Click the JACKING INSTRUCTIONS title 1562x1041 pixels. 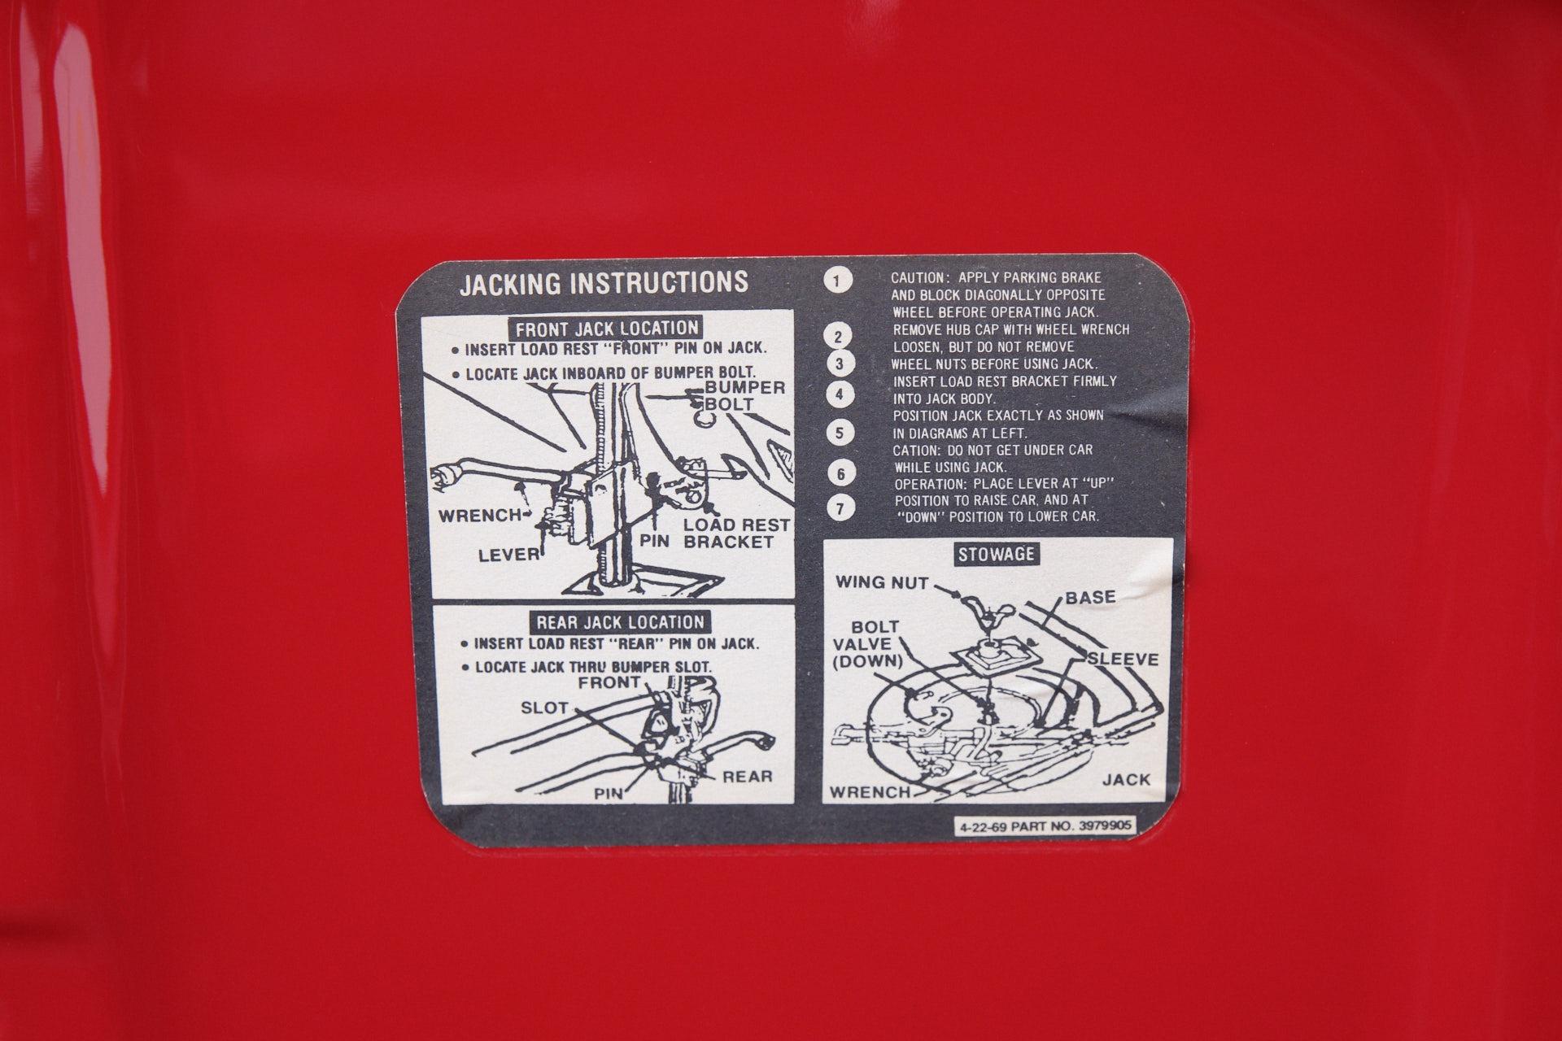click(604, 282)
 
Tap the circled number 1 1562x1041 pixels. click(837, 281)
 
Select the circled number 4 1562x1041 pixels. click(840, 395)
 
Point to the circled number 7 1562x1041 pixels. click(841, 509)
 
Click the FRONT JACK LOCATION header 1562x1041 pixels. click(607, 329)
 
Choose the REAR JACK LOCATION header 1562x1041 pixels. click(620, 623)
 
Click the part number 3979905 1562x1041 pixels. click(1105, 826)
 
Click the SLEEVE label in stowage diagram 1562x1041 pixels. click(1123, 659)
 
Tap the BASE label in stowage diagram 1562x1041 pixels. click(1090, 598)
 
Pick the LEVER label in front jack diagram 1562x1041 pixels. click(509, 555)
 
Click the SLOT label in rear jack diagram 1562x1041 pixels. click(544, 708)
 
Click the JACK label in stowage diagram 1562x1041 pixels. click(1127, 780)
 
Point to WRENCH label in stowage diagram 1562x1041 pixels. click(870, 792)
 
